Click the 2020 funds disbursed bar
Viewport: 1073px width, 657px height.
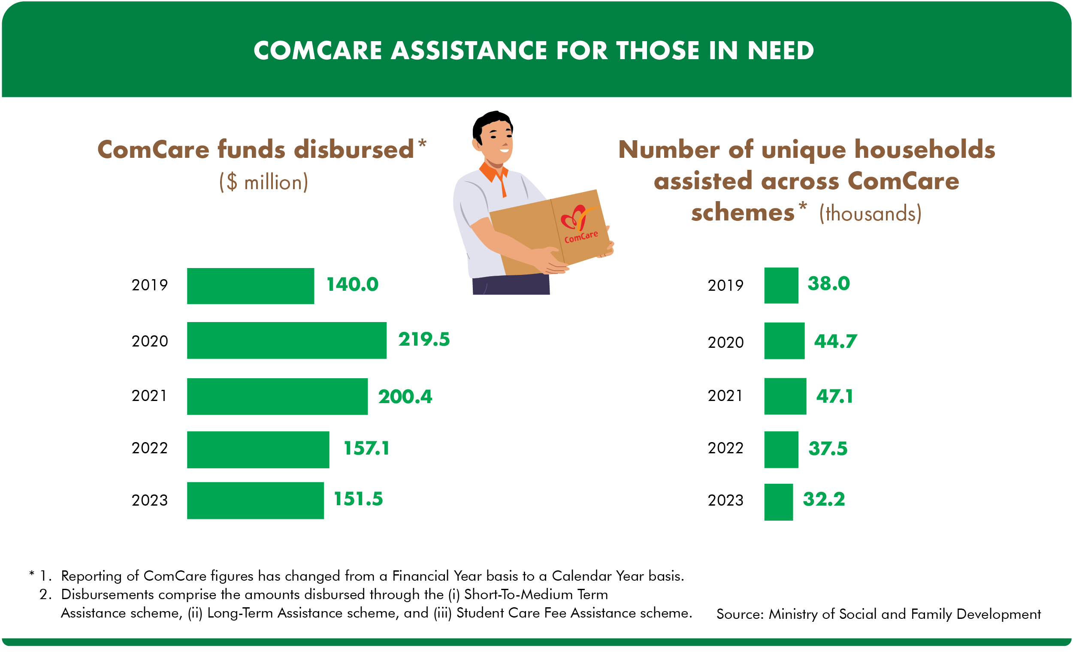click(287, 341)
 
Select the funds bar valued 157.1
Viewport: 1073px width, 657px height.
click(258, 450)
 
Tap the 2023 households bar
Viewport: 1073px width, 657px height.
click(778, 502)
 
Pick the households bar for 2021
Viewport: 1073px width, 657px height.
click(785, 396)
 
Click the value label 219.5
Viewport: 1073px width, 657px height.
click(424, 340)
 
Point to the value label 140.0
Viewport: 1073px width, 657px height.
click(352, 285)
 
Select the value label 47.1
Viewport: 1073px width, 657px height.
click(834, 396)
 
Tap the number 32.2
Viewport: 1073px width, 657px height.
click(823, 499)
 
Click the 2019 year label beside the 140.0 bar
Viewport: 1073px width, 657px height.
click(149, 285)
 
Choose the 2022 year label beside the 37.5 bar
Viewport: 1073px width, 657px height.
click(725, 448)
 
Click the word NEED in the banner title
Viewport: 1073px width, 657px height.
click(780, 51)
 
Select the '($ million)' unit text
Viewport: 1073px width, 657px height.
click(263, 182)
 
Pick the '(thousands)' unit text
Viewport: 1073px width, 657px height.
click(870, 214)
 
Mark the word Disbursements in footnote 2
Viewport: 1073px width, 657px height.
click(107, 594)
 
